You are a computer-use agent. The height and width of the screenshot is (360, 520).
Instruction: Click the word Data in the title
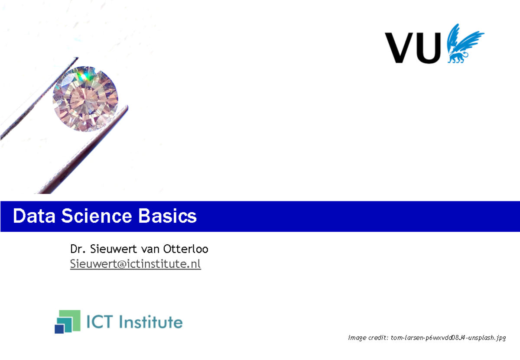pyautogui.click(x=34, y=216)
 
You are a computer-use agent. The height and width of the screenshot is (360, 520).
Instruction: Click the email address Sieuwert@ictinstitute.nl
pyautogui.click(x=135, y=264)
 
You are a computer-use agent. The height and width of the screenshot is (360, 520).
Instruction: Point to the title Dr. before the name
pyautogui.click(x=77, y=250)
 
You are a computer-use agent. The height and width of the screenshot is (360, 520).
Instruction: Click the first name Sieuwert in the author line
pyautogui.click(x=109, y=250)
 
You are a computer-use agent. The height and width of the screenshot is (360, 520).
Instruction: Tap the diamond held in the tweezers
pyautogui.click(x=85, y=99)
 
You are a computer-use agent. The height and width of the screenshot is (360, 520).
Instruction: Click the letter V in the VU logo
pyautogui.click(x=400, y=48)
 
